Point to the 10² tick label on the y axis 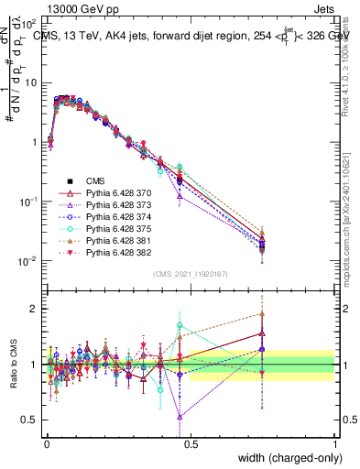[27, 19]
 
